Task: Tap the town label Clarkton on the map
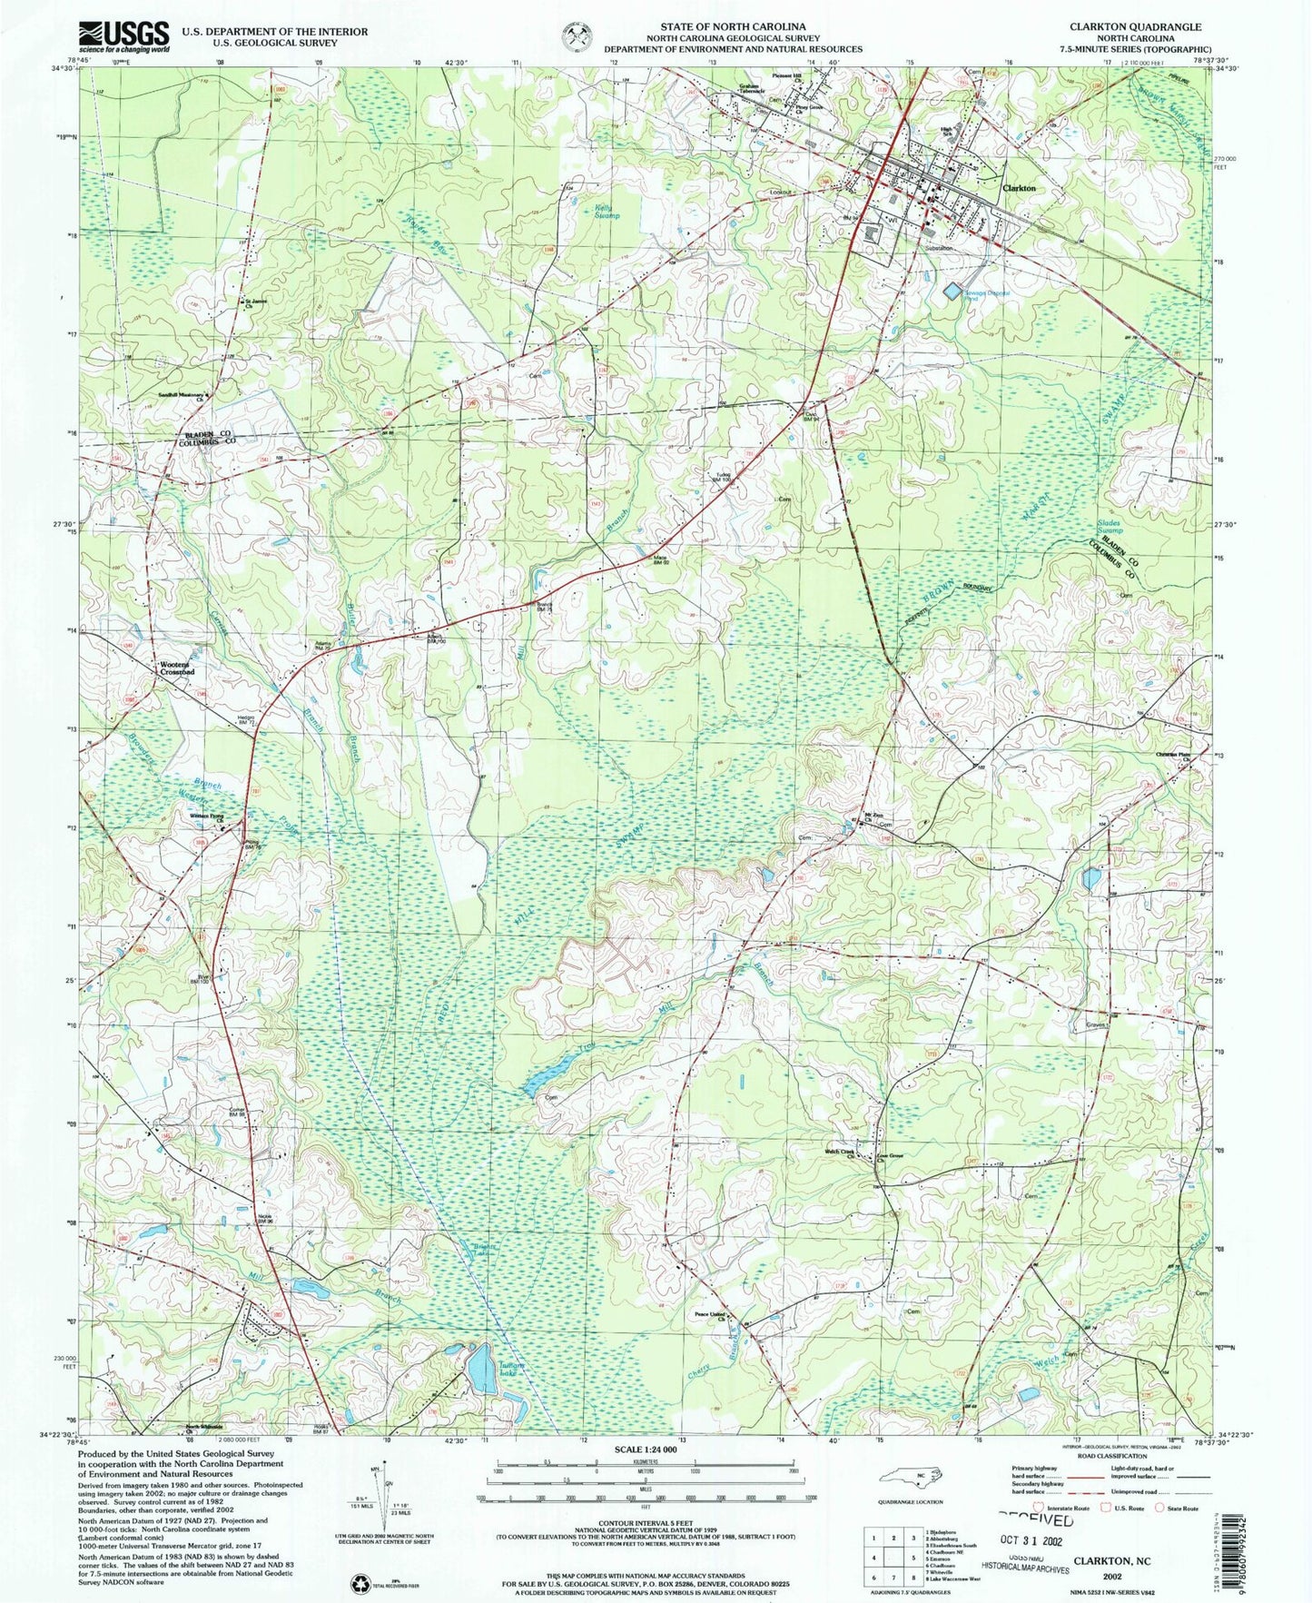click(1018, 188)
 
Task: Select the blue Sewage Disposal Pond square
click(952, 292)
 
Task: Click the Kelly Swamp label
click(607, 212)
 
